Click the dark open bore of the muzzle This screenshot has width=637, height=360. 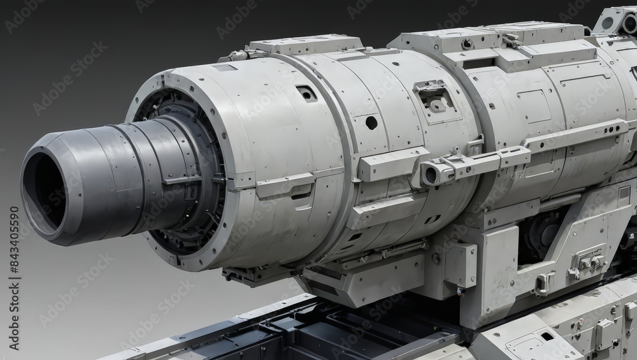pos(45,191)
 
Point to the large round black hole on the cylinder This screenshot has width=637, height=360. pos(371,122)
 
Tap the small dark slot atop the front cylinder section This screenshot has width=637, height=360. pos(306,94)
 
